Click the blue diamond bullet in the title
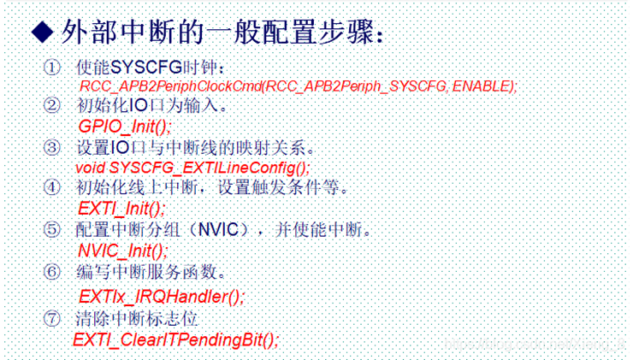[43, 32]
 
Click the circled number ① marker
[52, 68]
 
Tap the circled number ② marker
[52, 105]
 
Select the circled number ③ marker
[52, 147]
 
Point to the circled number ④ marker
[52, 187]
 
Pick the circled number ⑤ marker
[52, 229]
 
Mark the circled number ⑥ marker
[52, 272]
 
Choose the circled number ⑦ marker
[52, 319]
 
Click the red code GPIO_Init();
[125, 127]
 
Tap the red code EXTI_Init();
[121, 209]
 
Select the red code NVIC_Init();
[122, 251]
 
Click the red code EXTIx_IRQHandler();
[162, 297]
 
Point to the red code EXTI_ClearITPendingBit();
[175, 339]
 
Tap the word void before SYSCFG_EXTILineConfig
[91, 168]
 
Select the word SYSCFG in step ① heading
[146, 67]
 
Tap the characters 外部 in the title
[88, 32]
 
